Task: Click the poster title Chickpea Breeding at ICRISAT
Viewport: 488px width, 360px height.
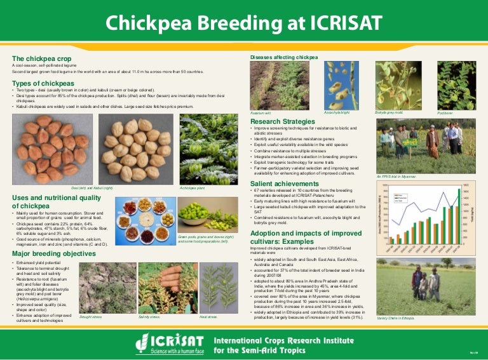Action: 243,23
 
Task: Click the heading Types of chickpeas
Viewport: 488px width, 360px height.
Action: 39,84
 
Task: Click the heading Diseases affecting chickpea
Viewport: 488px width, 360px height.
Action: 283,57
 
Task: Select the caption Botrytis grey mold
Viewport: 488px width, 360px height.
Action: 389,112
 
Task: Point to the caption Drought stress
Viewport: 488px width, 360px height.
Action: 91,316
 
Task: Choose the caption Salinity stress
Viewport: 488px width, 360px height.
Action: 149,316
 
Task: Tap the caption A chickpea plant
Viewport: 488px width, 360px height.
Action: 191,188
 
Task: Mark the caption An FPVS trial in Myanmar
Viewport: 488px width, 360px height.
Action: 396,176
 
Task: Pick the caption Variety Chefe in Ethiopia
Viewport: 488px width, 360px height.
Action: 395,317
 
